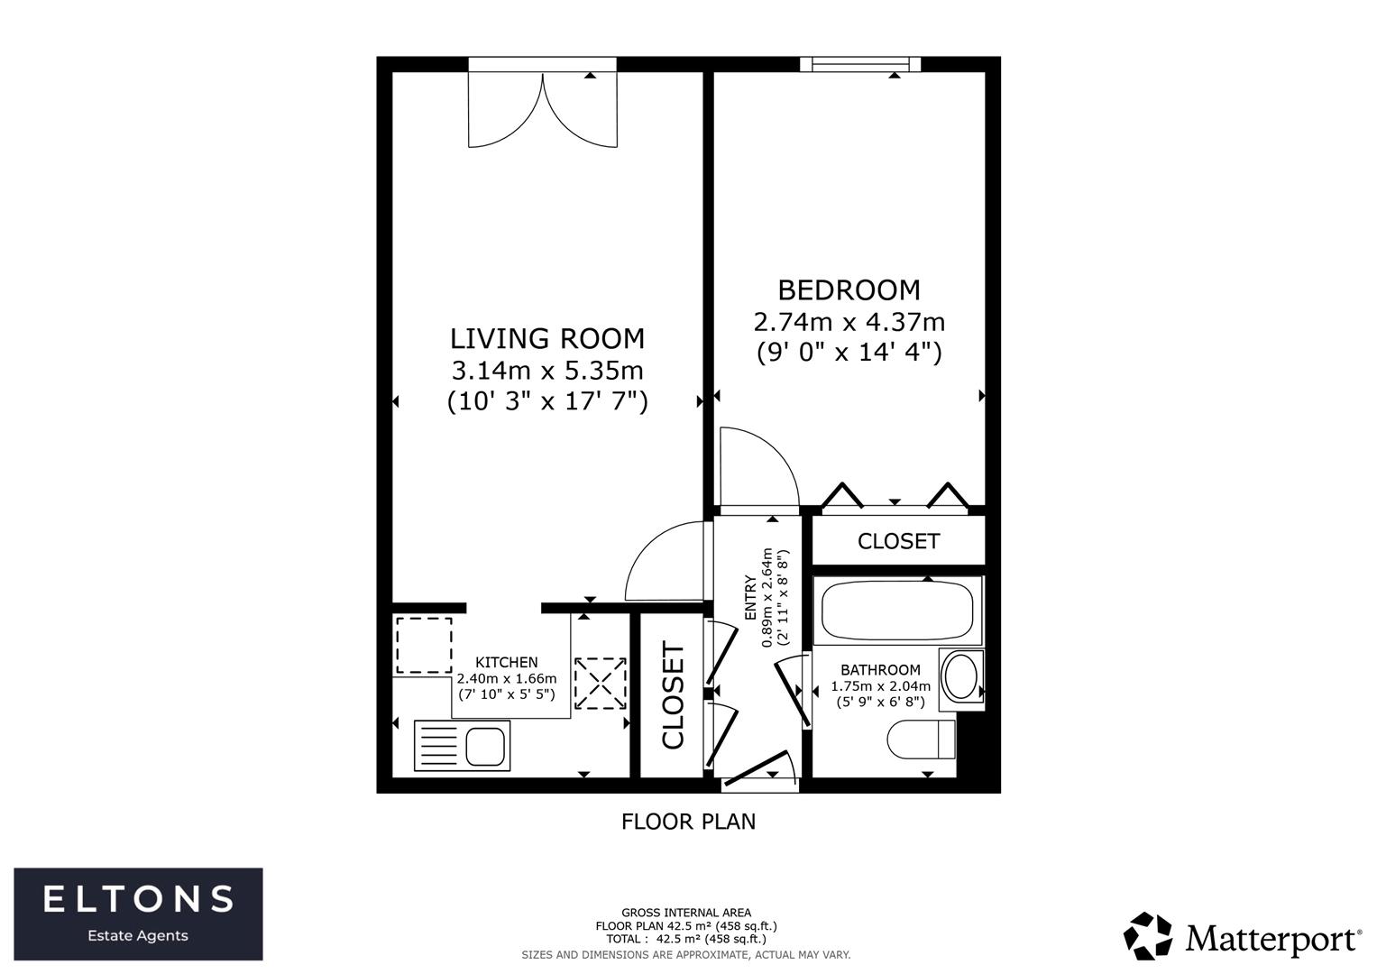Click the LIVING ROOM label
point(547,338)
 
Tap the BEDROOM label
point(849,290)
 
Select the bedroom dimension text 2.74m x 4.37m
point(849,321)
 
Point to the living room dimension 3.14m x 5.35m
point(547,370)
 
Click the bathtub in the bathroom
point(897,611)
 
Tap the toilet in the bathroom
point(921,740)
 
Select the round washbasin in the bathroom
point(959,676)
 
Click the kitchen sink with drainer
point(462,745)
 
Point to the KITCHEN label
point(507,662)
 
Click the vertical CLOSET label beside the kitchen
point(674,695)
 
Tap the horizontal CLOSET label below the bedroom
point(898,541)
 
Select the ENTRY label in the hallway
point(750,597)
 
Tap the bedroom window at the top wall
point(860,64)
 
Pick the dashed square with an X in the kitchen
point(601,683)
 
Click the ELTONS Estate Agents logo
point(138,914)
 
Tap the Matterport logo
point(1242,936)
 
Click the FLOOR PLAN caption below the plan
point(688,822)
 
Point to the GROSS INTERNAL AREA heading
point(685,913)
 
